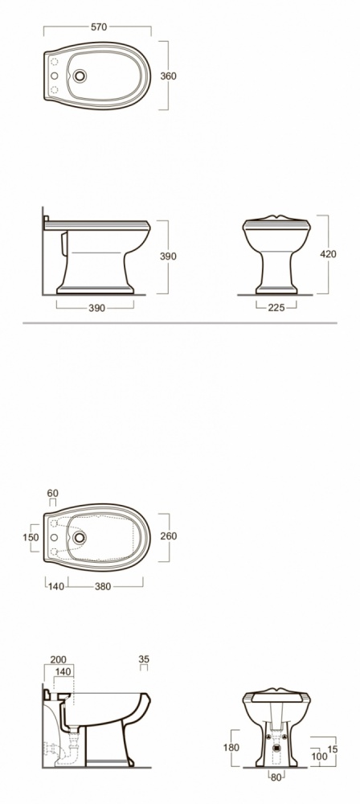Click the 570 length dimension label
click(x=99, y=27)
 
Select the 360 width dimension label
click(x=168, y=76)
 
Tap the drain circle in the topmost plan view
click(x=80, y=76)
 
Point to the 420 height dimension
click(x=328, y=254)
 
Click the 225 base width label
click(x=276, y=308)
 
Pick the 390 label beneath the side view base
click(x=96, y=308)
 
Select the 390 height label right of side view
click(x=168, y=256)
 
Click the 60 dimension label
click(x=53, y=494)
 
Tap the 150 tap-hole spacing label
click(x=31, y=537)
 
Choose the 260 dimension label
click(x=169, y=535)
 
